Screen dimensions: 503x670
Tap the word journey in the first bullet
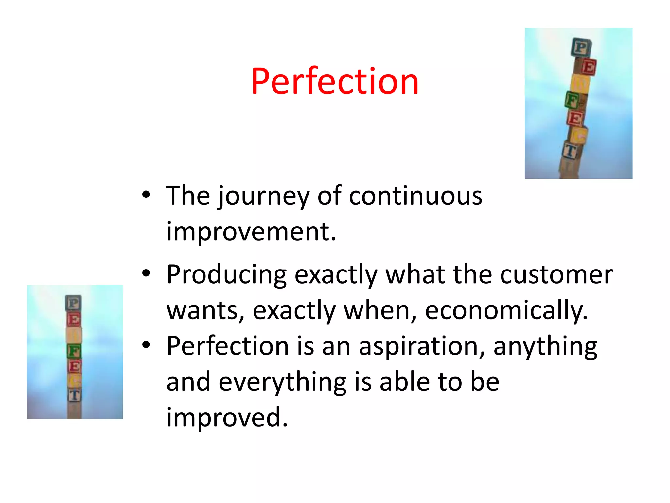click(264, 196)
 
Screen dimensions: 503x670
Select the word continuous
click(415, 196)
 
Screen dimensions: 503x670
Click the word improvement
click(251, 232)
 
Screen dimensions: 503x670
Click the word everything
click(282, 382)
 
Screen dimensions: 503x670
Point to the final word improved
click(227, 417)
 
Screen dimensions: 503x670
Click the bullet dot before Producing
click(146, 273)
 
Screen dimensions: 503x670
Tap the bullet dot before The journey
click(146, 195)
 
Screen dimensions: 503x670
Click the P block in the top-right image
click(581, 47)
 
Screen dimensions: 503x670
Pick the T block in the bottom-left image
click(75, 395)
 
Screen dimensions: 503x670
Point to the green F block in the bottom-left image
click(74, 351)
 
